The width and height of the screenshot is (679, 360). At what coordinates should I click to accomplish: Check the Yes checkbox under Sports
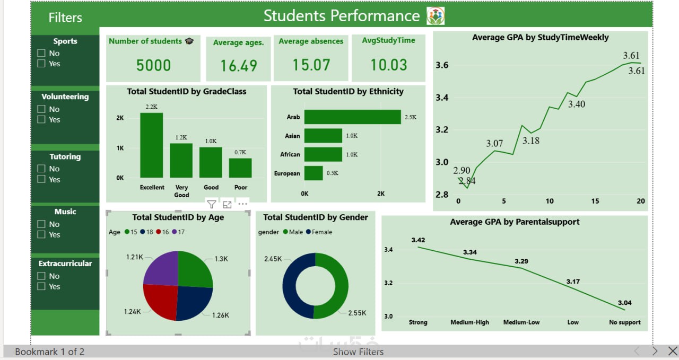pos(41,64)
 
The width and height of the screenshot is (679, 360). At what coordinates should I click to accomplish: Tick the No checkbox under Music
pos(41,224)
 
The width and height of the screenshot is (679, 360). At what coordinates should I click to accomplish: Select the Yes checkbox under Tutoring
pos(41,179)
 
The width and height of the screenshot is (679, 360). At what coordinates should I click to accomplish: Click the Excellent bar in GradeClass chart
pos(152,145)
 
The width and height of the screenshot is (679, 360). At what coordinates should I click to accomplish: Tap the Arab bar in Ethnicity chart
pos(352,117)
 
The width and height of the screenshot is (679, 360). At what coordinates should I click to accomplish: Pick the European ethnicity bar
pos(313,173)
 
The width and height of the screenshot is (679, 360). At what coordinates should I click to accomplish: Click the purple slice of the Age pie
pos(161,268)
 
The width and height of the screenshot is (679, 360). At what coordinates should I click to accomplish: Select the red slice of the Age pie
pos(161,301)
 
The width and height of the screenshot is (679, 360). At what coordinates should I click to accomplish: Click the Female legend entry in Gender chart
pos(319,232)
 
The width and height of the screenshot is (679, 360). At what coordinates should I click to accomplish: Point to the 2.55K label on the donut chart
pos(356,313)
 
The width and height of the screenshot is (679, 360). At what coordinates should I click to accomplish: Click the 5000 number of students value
pos(153,65)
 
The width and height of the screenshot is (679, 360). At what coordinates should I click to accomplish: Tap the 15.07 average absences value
pos(311,65)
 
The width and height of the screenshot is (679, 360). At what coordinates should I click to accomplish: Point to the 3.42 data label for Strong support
pos(418,240)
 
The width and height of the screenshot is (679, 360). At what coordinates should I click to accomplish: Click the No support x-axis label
pos(625,322)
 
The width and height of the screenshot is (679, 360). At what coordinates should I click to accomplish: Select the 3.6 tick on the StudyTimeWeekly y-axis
pos(442,65)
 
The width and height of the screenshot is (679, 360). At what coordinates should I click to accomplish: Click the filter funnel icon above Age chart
pos(211,204)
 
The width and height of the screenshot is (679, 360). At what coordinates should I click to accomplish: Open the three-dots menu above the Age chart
pos(242,204)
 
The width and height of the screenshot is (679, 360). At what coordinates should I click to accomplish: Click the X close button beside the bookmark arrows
pos(672,351)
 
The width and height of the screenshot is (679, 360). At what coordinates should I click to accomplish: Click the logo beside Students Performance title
pos(436,16)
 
